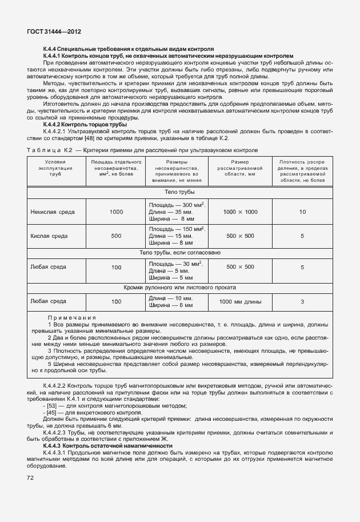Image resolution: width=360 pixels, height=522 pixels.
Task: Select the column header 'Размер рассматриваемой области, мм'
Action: [240, 171]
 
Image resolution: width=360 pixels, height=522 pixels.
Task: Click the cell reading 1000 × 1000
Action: [240, 212]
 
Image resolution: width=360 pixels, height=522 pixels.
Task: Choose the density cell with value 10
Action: [302, 212]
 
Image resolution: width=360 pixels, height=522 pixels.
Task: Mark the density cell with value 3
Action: [302, 301]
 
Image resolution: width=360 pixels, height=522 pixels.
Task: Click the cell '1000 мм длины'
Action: [240, 301]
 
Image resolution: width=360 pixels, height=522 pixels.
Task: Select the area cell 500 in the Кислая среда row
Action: [116, 236]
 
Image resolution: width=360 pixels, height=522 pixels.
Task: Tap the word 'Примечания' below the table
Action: [71, 317]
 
